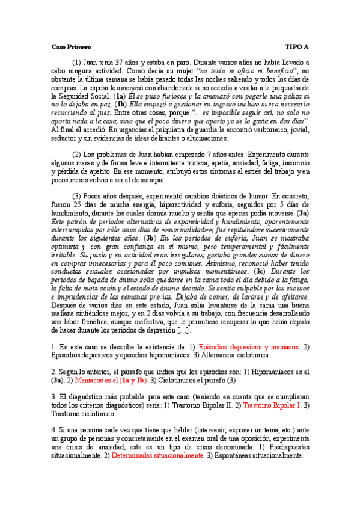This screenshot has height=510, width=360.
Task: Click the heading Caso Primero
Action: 71,46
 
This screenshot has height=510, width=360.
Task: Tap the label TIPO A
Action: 297,46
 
